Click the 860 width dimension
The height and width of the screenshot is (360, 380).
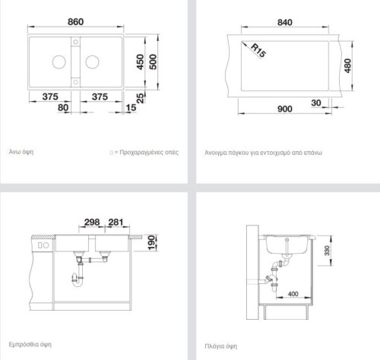75,22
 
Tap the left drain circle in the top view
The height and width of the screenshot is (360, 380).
59,62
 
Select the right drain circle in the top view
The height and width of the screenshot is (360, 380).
92,62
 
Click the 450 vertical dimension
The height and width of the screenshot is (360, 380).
140,62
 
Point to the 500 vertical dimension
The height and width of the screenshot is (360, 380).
153,62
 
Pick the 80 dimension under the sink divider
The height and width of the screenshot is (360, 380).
63,108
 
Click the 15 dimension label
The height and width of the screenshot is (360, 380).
131,108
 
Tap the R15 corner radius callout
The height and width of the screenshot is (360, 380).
258,50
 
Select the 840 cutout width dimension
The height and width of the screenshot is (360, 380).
285,22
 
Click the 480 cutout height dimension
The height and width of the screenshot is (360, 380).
348,65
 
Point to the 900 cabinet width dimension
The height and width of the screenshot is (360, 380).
285,109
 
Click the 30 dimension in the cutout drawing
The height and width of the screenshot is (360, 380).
316,103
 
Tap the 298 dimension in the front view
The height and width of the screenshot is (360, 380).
92,223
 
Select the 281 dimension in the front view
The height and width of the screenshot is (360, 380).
116,223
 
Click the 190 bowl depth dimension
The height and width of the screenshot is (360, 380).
151,242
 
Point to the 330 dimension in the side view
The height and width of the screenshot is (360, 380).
327,251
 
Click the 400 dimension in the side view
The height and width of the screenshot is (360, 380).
293,294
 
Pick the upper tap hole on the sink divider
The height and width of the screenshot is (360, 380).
75,42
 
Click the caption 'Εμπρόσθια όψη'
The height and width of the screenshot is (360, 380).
30,345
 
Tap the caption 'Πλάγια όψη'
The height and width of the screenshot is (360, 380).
220,346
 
